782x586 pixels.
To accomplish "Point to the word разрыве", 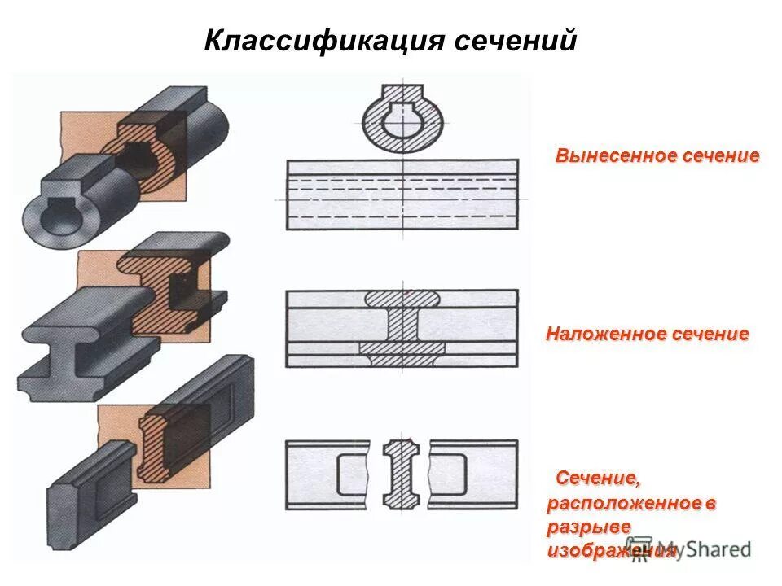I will pos(588,527).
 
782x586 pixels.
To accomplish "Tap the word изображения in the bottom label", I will pos(611,551).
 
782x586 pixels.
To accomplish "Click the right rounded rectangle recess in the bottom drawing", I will pos(449,473).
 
